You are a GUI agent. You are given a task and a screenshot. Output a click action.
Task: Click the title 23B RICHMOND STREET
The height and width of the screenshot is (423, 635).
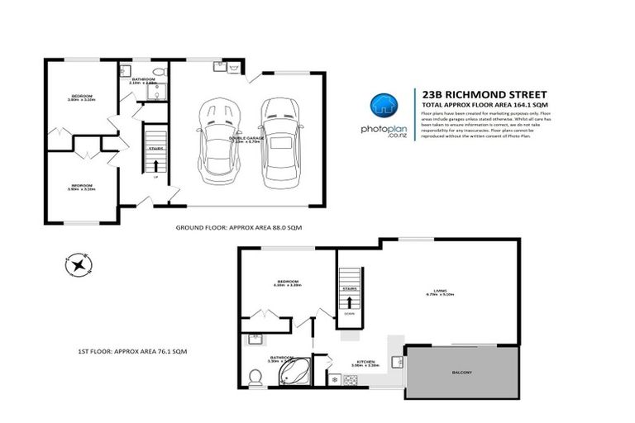(x=479, y=95)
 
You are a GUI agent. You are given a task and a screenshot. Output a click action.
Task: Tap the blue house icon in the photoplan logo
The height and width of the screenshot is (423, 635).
(x=381, y=105)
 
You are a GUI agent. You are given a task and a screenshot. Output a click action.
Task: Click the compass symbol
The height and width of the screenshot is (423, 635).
(x=77, y=265)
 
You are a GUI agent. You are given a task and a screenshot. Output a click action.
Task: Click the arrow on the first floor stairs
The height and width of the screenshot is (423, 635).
(x=349, y=302)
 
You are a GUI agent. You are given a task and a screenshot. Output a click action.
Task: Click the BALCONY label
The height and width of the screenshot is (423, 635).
(x=462, y=373)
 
